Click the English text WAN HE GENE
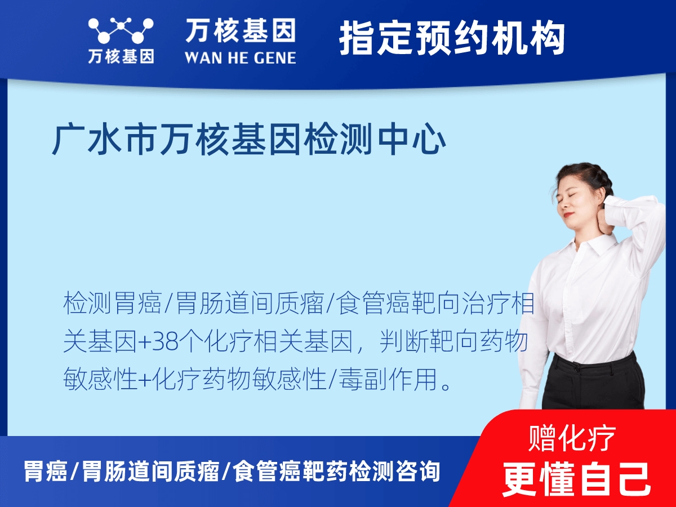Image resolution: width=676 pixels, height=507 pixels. (241, 57)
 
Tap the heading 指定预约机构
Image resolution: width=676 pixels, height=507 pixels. (452, 38)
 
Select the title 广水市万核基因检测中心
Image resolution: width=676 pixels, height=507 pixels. (248, 141)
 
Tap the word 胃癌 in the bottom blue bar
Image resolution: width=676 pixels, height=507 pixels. (45, 471)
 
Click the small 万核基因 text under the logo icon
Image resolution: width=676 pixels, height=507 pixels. (121, 56)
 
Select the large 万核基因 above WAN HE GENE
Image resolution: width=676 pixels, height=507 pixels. (241, 30)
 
